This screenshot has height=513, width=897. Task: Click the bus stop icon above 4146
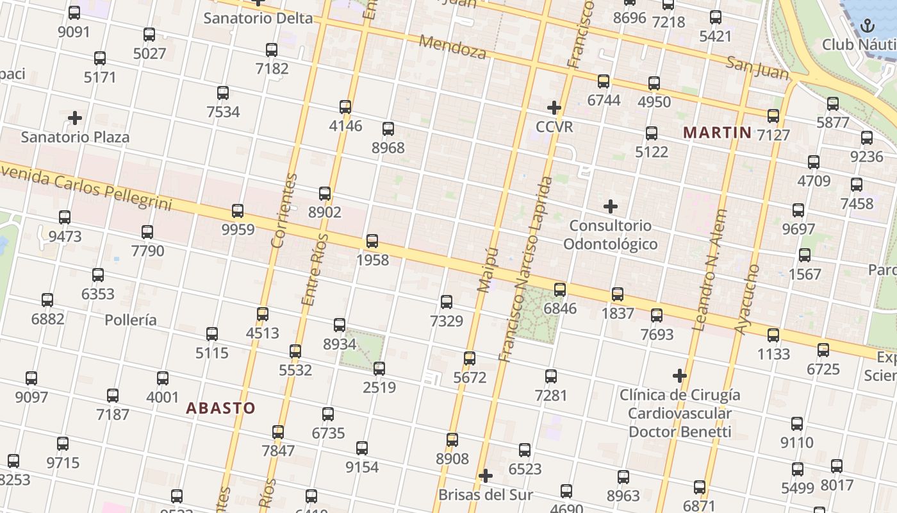pos(345,106)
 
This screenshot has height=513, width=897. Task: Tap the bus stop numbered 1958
pos(372,241)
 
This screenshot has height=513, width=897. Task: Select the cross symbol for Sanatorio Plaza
pos(75,118)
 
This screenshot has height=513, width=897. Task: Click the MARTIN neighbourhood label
pos(717,133)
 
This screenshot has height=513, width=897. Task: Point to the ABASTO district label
pos(220,408)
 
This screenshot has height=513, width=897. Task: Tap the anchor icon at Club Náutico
pos(867,26)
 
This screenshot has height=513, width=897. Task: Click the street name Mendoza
pos(453,47)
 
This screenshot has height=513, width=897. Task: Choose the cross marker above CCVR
pos(554,107)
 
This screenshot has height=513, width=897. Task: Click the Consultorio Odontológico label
pos(610,235)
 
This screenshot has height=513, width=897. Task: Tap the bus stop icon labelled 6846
pos(560,289)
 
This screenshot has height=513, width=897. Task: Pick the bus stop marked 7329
pos(447,301)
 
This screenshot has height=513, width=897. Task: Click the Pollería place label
pos(131,319)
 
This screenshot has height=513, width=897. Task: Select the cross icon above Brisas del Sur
pos(486,476)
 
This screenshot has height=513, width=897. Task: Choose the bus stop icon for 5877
pos(833,103)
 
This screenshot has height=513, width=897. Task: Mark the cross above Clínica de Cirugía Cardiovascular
pos(680,376)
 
